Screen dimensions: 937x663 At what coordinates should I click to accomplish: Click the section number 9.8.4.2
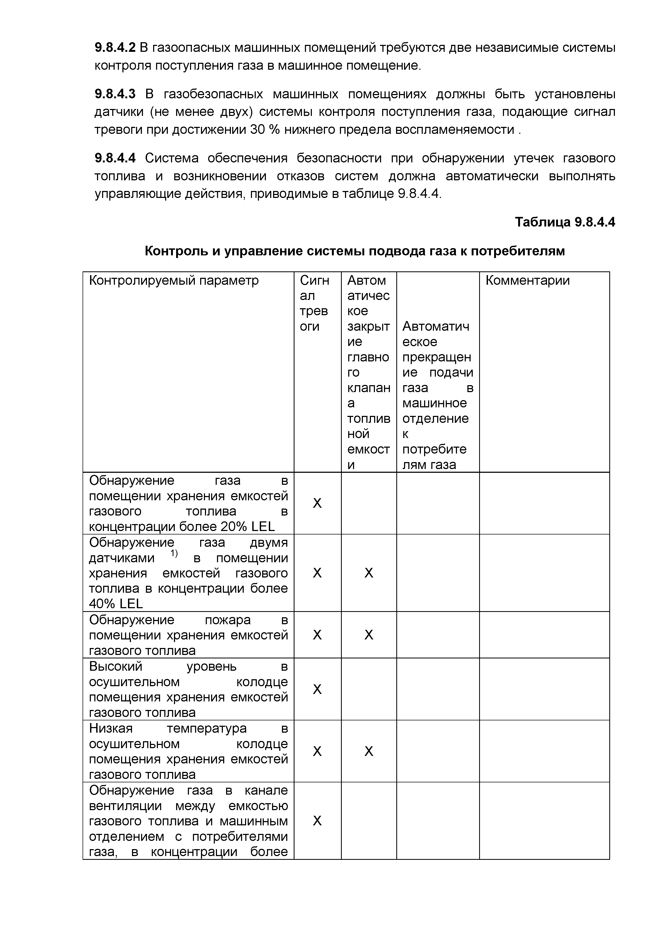point(115,48)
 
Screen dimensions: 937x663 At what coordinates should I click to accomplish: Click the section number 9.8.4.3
point(115,94)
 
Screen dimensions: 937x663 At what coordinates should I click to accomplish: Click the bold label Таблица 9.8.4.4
point(565,222)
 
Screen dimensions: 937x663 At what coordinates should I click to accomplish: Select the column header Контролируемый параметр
point(174,281)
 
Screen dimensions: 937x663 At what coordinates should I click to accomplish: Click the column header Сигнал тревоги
point(314,303)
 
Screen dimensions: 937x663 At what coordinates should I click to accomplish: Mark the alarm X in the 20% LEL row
point(317,503)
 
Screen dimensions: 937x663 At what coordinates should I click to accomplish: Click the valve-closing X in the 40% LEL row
point(369,573)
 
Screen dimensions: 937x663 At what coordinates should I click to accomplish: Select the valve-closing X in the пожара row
point(369,635)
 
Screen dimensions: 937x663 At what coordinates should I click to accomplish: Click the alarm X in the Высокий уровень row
point(317,689)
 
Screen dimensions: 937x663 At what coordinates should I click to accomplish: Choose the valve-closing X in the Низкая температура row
point(369,751)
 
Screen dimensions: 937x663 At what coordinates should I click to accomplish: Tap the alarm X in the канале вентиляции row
point(317,821)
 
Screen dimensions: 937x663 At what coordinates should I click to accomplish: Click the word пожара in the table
point(227,619)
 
